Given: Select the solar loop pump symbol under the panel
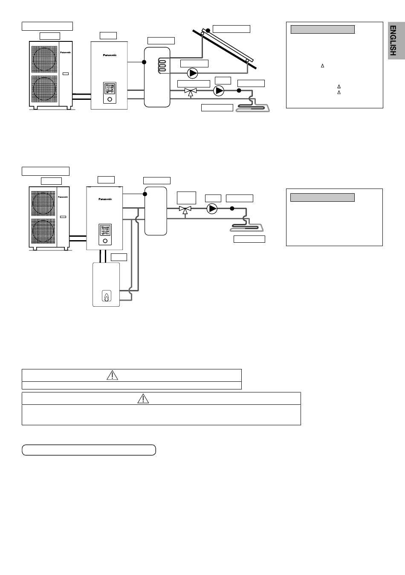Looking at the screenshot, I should click(x=193, y=73).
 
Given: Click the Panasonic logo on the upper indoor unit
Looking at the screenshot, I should click(x=110, y=55).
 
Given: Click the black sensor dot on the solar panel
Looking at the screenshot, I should click(x=208, y=31).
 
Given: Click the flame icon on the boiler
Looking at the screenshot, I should click(x=106, y=297).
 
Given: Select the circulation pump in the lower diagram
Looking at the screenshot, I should click(x=212, y=209).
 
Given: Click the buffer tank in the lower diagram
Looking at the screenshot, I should click(x=156, y=210).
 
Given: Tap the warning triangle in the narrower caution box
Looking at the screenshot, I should click(x=112, y=375).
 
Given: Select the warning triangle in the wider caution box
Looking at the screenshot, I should click(x=144, y=398).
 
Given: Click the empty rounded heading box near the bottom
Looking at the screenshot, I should click(x=89, y=450).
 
